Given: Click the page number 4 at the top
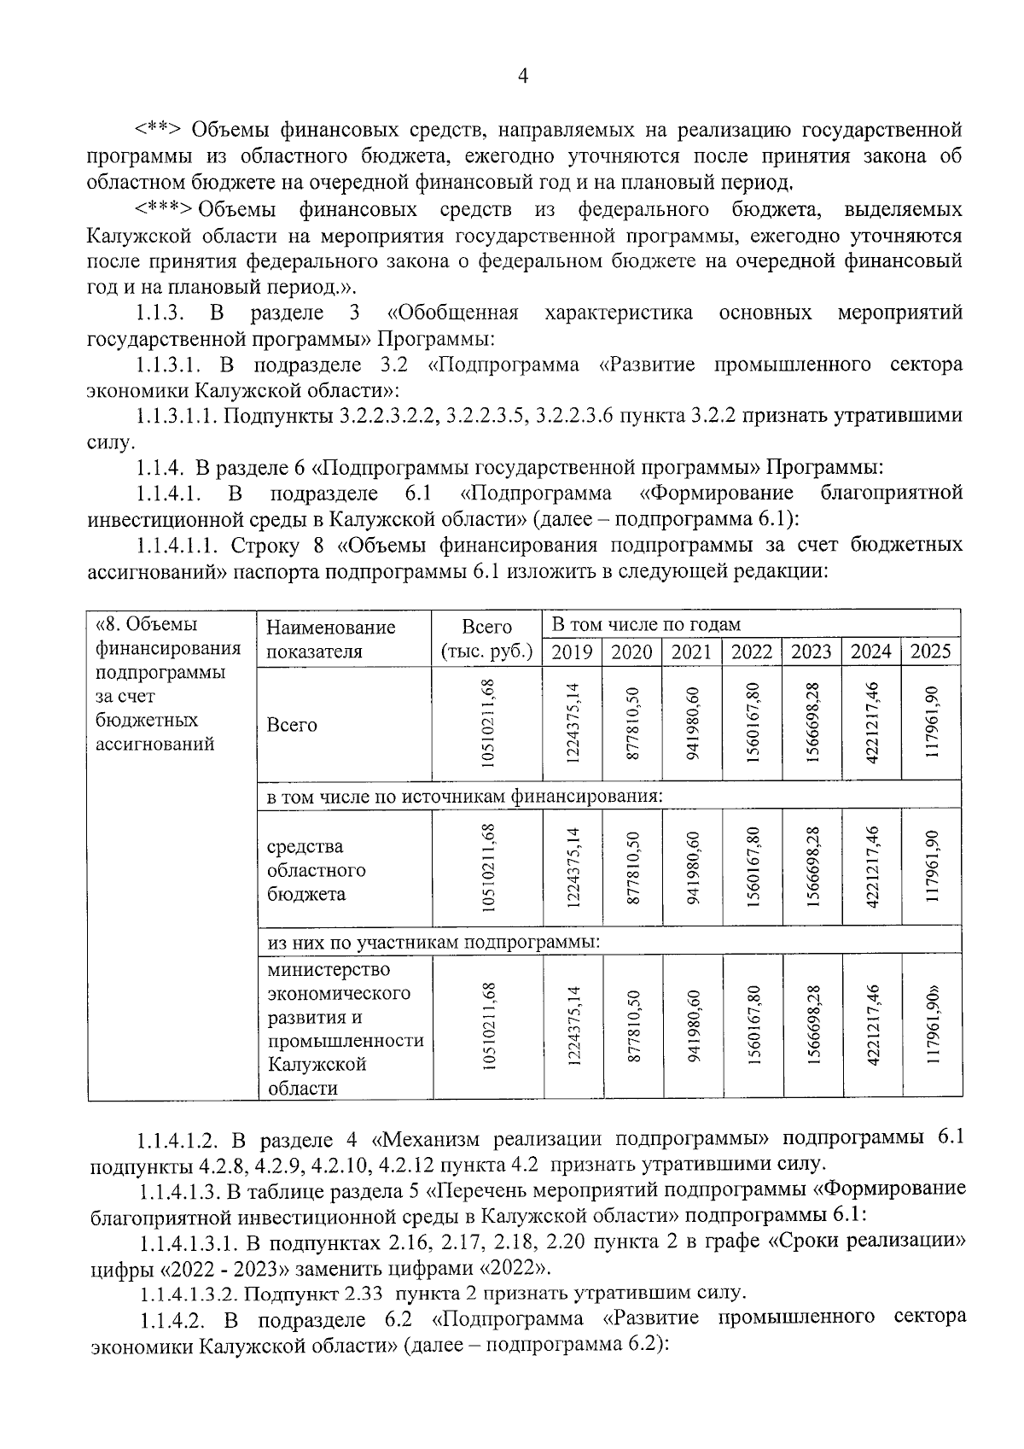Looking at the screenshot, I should coord(523,77).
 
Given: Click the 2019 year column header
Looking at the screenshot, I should coord(572,651).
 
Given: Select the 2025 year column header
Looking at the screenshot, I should coord(930,651).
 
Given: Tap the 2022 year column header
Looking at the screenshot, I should coord(751,651).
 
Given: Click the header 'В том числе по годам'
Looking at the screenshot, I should coord(646,624).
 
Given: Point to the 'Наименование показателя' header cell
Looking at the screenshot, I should coord(331,640).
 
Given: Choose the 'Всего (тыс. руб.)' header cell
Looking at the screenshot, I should coord(486,640).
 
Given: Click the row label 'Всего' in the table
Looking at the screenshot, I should coord(292,725).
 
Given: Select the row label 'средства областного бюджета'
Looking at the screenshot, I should coord(317,870).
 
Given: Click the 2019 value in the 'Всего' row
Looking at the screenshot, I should coord(573,722).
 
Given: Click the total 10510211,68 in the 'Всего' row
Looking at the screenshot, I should coord(487,722).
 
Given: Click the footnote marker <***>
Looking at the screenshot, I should coord(164,210).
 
